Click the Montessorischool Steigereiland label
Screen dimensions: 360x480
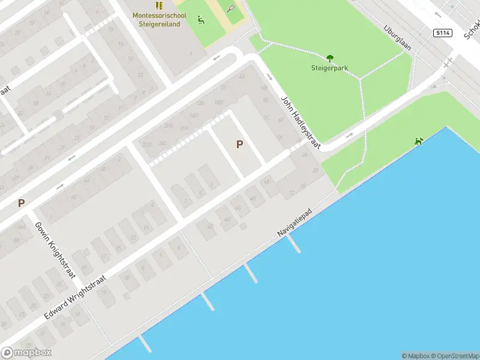pyautogui.click(x=159, y=20)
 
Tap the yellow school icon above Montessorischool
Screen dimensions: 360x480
pyautogui.click(x=159, y=5)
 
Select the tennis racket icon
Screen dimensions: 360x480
pyautogui.click(x=231, y=8)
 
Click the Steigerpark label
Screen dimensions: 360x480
pyautogui.click(x=329, y=68)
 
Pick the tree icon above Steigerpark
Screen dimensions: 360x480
pyautogui.click(x=329, y=58)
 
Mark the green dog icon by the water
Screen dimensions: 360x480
pyautogui.click(x=418, y=142)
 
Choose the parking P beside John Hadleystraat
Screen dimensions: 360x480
pyautogui.click(x=239, y=145)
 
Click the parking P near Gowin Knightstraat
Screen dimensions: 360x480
pyautogui.click(x=21, y=203)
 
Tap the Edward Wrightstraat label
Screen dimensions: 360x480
pyautogui.click(x=75, y=296)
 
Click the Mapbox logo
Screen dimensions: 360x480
pyautogui.click(x=26, y=353)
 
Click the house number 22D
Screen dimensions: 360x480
pyautogui.click(x=146, y=145)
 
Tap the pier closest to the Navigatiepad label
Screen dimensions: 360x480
pyautogui.click(x=293, y=242)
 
